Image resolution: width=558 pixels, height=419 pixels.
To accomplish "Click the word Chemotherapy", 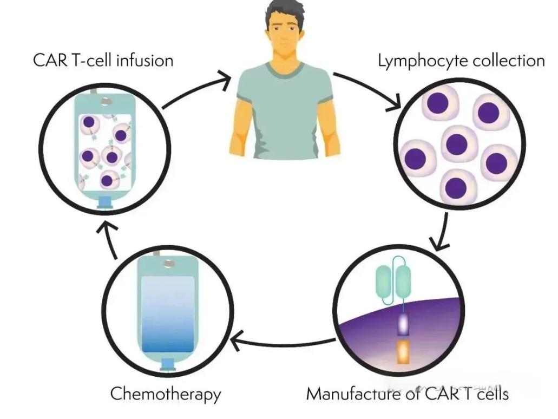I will coord(166,394).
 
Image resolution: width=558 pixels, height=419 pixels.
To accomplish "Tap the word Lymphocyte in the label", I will coord(415,61).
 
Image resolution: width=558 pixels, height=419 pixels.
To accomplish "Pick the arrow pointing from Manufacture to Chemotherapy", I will coord(284,342).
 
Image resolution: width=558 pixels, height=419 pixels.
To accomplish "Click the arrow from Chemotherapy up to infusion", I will coord(111,239).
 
